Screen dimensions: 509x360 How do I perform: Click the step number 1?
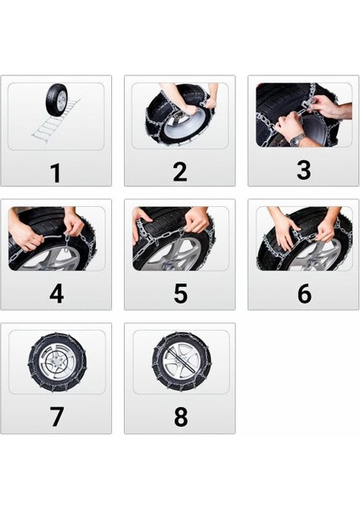click(x=55, y=173)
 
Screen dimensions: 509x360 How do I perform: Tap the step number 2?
click(x=179, y=172)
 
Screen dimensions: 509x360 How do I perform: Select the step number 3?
click(x=303, y=171)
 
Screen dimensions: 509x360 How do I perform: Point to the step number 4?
click(x=56, y=294)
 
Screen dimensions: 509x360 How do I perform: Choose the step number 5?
click(x=180, y=294)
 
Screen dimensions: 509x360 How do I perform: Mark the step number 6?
click(x=304, y=294)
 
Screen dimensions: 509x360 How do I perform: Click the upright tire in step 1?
click(x=58, y=101)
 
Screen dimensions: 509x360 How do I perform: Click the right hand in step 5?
click(x=196, y=222)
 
